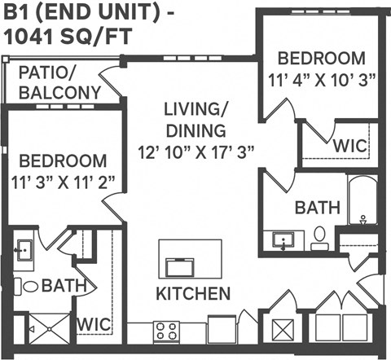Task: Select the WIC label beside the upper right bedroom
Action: pos(349,145)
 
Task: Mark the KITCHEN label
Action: pos(193,293)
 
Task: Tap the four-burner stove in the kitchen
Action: pos(166,331)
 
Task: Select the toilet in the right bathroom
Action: pos(319,236)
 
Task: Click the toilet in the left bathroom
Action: pos(30,286)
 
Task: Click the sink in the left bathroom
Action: pos(24,249)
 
